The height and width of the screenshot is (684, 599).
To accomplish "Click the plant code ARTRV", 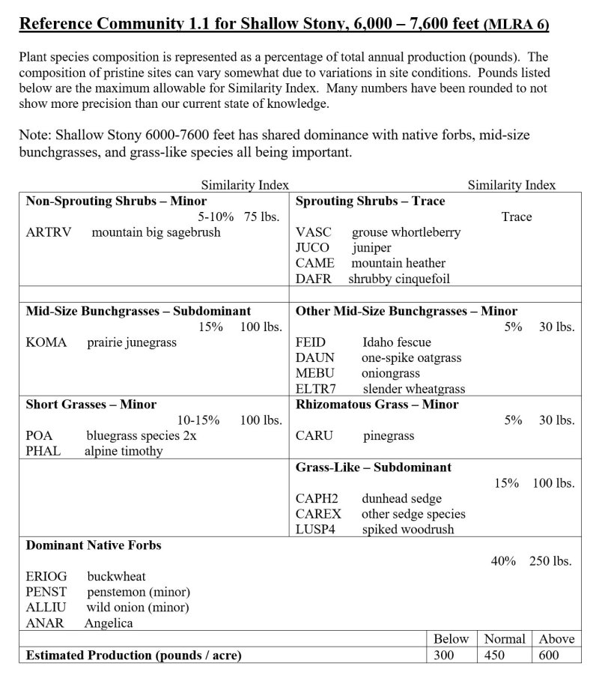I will [49, 232].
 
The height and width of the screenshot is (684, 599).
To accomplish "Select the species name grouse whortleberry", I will [406, 232].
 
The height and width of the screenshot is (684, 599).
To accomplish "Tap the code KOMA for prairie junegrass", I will [46, 342].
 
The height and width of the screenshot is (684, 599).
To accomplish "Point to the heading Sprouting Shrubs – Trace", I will [370, 201].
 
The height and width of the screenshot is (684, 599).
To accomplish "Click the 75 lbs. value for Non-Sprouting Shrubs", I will [263, 217].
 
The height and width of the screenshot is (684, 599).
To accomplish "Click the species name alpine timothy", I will [123, 451].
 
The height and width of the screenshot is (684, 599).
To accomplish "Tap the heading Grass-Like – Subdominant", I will [374, 467].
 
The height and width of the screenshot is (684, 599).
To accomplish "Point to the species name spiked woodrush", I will [407, 530].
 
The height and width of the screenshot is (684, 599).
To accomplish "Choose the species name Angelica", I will [109, 623].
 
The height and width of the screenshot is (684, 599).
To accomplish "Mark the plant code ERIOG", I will [46, 576].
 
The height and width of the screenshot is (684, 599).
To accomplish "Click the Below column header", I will [451, 639].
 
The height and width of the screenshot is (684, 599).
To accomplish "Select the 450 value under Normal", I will [494, 656].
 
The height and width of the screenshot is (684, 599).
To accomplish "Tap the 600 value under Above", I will [548, 656].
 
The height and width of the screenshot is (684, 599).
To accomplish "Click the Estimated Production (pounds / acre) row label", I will [134, 656].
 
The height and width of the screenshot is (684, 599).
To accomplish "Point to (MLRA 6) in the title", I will [517, 25].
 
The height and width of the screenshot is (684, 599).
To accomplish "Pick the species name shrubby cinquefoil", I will [399, 279].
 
